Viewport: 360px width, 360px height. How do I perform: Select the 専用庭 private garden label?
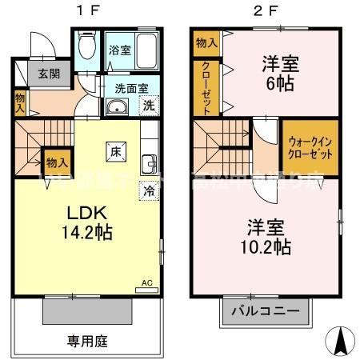coord(87,340)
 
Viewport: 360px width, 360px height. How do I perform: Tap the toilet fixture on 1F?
coord(89,45)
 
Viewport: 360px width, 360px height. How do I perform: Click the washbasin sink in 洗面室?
coord(117,109)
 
